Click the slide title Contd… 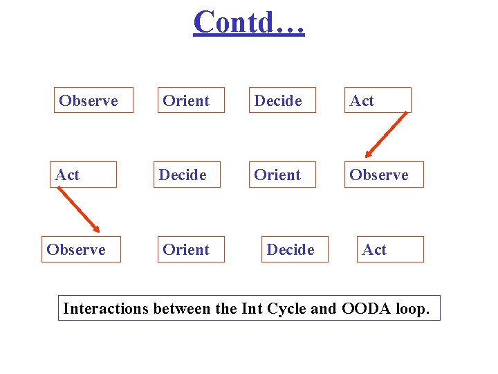coord(249,21)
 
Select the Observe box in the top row coord(93,100)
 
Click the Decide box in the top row coord(282,100)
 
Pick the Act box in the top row coord(378,100)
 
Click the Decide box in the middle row coord(187,175)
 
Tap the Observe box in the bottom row coord(81,249)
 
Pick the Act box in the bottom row coord(390,249)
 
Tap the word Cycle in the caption coord(284,308)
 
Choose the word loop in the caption coord(412,308)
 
